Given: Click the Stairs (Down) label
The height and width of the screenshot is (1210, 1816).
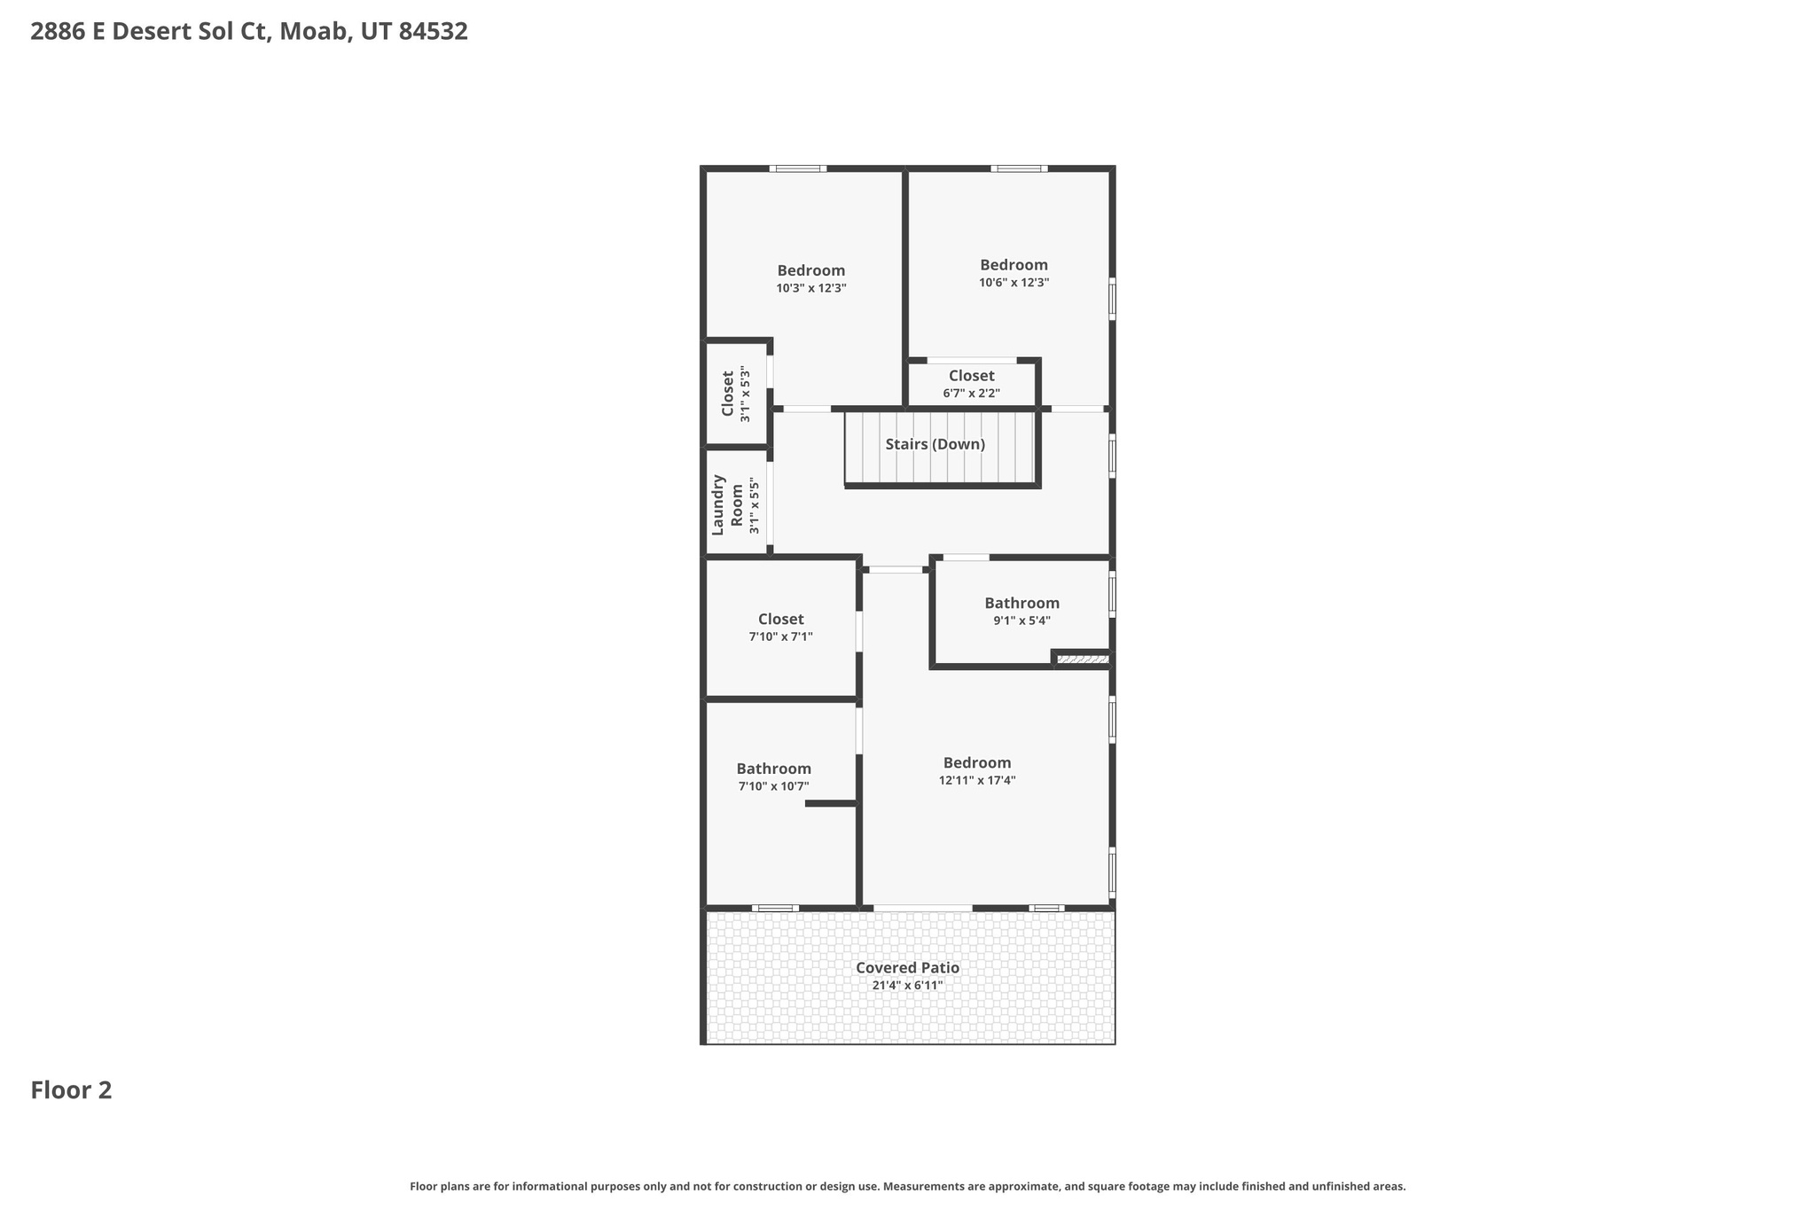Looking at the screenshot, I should (x=935, y=444).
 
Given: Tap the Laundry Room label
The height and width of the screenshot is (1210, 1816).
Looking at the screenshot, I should (x=728, y=505).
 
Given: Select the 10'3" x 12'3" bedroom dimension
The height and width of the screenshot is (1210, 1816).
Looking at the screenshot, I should (x=811, y=288).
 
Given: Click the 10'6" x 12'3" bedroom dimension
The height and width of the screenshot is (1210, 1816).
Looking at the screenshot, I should (x=1014, y=283).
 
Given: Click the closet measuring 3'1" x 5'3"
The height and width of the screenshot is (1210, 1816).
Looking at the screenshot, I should (x=735, y=394).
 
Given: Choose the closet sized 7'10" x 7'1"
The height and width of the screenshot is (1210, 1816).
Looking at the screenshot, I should (x=780, y=628).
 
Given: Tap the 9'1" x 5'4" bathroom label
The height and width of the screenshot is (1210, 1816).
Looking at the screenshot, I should (x=1021, y=612).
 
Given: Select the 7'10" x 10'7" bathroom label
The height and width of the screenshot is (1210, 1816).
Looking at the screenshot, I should (x=773, y=777).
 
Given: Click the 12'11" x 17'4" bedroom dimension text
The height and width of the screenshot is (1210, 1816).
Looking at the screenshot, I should (x=977, y=780).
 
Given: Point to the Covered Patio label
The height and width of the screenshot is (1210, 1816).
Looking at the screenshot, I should (x=907, y=968).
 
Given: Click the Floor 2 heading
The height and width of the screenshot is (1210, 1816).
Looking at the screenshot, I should (x=71, y=1090).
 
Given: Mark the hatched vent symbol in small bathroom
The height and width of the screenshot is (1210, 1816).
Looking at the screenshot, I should (x=1082, y=659).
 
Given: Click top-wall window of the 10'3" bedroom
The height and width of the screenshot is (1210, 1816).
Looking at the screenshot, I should (x=797, y=168).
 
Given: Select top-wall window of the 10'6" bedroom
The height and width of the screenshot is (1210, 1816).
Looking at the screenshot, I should (x=1019, y=168).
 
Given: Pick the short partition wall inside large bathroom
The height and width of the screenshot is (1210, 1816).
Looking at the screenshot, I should (x=831, y=803).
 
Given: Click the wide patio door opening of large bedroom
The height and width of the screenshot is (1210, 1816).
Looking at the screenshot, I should (x=922, y=908).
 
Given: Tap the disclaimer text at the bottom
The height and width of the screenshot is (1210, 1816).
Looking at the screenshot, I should (x=907, y=1186).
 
